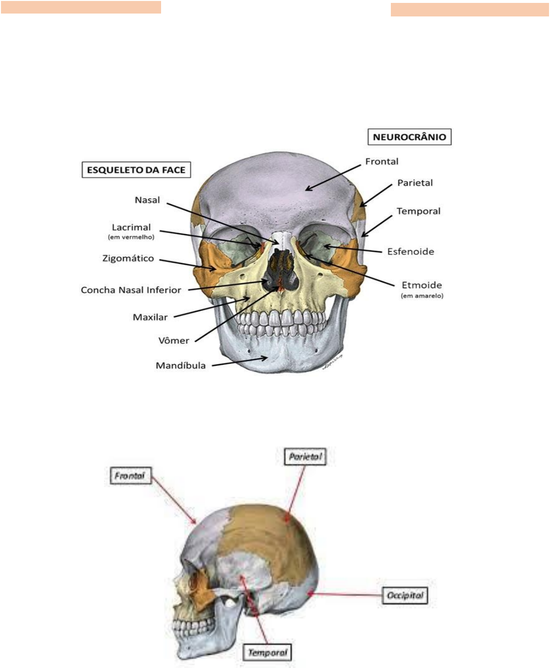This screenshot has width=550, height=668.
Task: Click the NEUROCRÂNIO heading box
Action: pos(409,137)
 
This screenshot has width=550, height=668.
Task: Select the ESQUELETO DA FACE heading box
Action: pos(136,170)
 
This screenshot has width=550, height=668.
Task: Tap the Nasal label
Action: pos(147,200)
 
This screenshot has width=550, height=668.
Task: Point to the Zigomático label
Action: pos(128,258)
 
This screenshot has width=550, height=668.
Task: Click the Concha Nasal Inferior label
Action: pos(131,290)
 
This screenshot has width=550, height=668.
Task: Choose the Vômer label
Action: pos(174,341)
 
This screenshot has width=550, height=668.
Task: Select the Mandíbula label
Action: pos(180,366)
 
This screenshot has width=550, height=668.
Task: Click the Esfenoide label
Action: pos(411,252)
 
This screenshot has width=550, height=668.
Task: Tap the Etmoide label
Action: pos(422,285)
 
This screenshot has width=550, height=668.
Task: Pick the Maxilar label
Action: pos(150,317)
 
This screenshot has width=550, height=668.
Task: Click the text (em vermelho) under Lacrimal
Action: pos(131,237)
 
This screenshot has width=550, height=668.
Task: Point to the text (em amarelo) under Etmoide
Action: pos(422,296)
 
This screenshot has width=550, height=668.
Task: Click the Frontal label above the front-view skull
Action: pos(382,162)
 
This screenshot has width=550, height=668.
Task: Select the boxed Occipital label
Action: pos(405,595)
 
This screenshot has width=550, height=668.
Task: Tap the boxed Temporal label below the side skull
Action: pos(268,653)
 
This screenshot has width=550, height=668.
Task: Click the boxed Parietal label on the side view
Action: pos(305,456)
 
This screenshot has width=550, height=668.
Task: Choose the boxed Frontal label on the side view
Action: pos(130,475)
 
